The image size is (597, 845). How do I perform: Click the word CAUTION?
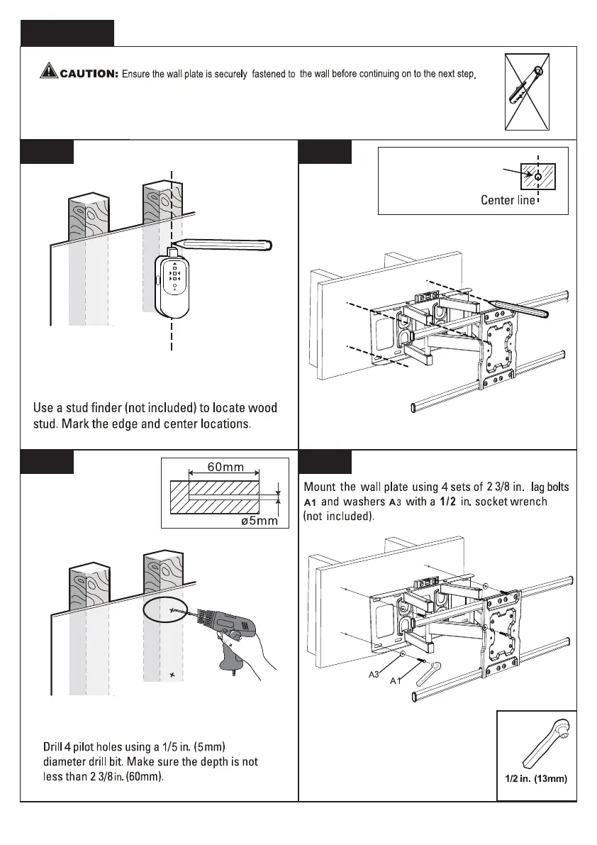[89, 73]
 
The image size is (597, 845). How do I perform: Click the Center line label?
[508, 200]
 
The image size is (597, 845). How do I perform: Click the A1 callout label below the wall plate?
[396, 681]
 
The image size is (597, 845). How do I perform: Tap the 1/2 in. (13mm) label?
[536, 778]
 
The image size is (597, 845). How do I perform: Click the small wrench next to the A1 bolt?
[430, 671]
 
